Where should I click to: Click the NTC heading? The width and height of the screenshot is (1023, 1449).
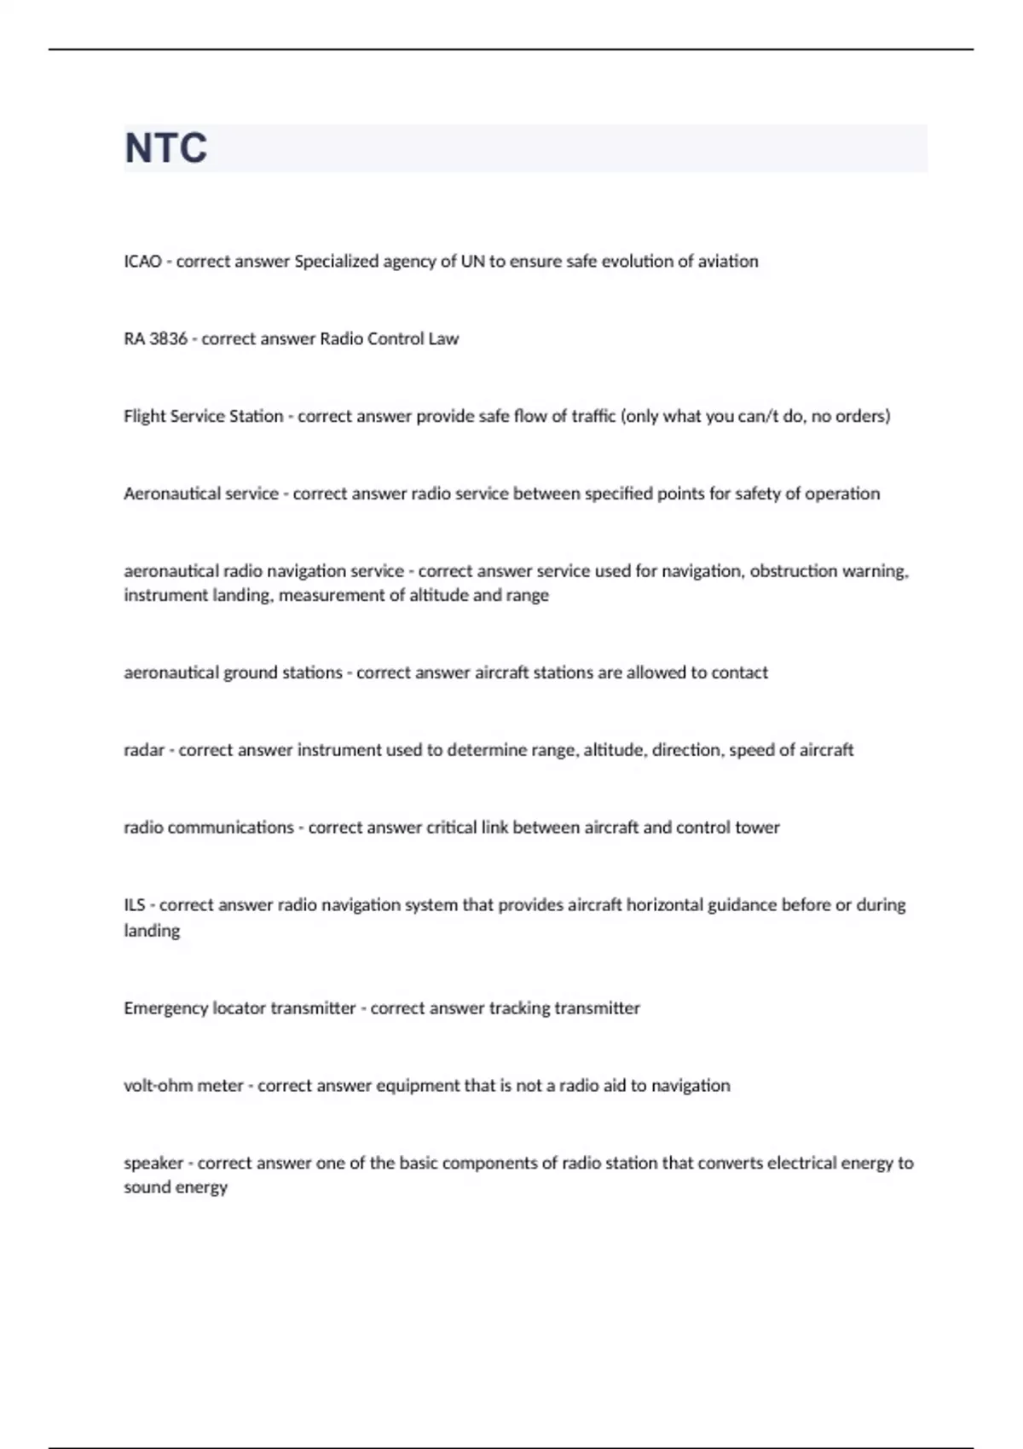tap(166, 148)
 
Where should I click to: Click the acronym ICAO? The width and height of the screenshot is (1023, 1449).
tap(142, 262)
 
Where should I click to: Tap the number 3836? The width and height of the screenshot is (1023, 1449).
tap(167, 339)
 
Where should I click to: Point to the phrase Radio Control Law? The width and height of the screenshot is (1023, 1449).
tap(389, 339)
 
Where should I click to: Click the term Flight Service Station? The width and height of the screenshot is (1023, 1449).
tap(203, 417)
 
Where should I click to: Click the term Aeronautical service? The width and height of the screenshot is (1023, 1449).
tap(201, 494)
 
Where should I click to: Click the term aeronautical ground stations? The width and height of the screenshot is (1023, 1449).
tap(233, 673)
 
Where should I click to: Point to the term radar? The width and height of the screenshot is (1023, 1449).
tap(144, 750)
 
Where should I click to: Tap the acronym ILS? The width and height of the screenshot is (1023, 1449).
tap(135, 905)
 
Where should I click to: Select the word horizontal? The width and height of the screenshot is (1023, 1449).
tap(664, 905)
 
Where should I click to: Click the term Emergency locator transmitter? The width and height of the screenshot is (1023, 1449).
tap(240, 1008)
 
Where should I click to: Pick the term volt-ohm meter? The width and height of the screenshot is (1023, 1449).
tap(183, 1086)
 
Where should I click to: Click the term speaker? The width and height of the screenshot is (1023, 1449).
tap(153, 1163)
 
